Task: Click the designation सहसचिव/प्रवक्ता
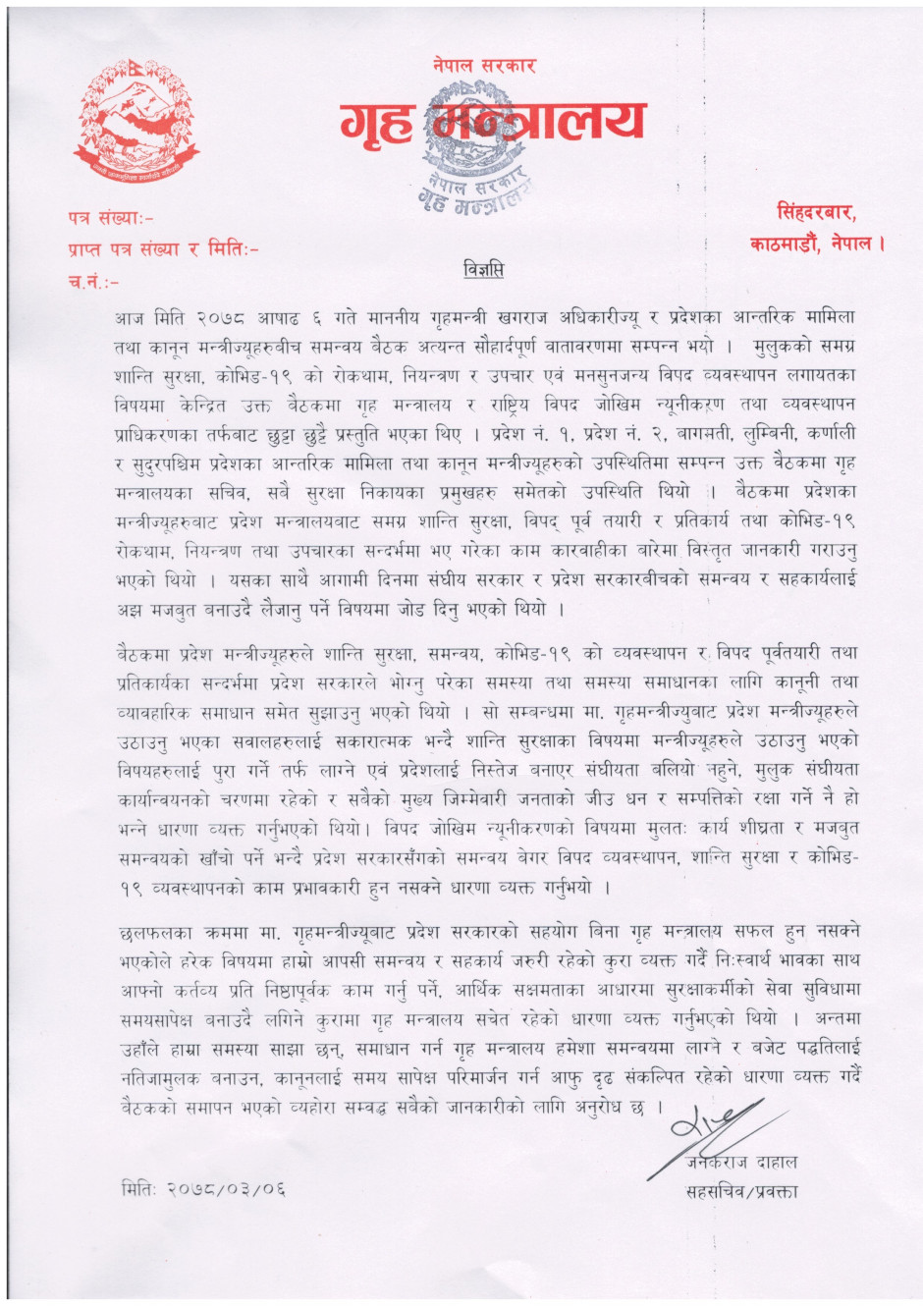click(741, 1193)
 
